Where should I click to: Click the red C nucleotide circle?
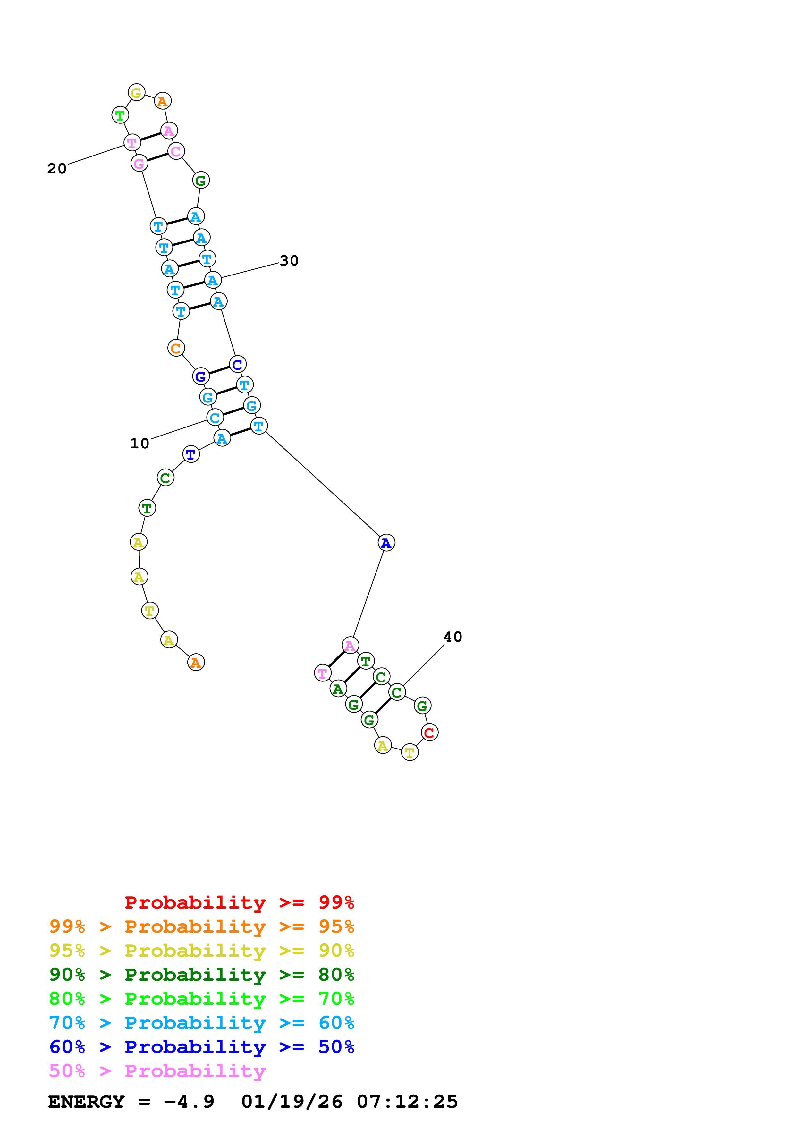click(x=429, y=732)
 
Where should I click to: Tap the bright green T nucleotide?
click(x=120, y=116)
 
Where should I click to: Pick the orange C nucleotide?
click(x=176, y=348)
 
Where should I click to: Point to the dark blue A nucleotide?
click(x=386, y=543)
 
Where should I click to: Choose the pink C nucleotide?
click(x=176, y=151)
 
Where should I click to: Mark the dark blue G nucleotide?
click(x=200, y=377)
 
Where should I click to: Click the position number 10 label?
click(x=140, y=444)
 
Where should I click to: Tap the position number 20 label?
click(x=57, y=169)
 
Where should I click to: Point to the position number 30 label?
click(x=289, y=261)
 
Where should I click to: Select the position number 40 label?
click(x=452, y=637)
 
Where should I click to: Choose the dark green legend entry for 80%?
click(x=201, y=975)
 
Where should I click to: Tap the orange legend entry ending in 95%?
click(x=201, y=926)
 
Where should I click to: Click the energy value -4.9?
click(x=189, y=1102)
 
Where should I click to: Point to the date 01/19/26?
click(x=292, y=1102)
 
